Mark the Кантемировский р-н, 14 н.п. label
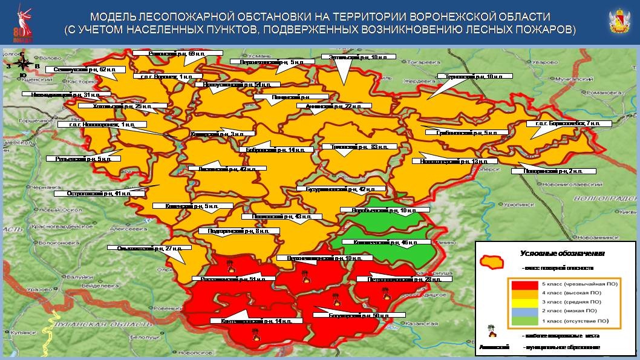coord(249,321)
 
